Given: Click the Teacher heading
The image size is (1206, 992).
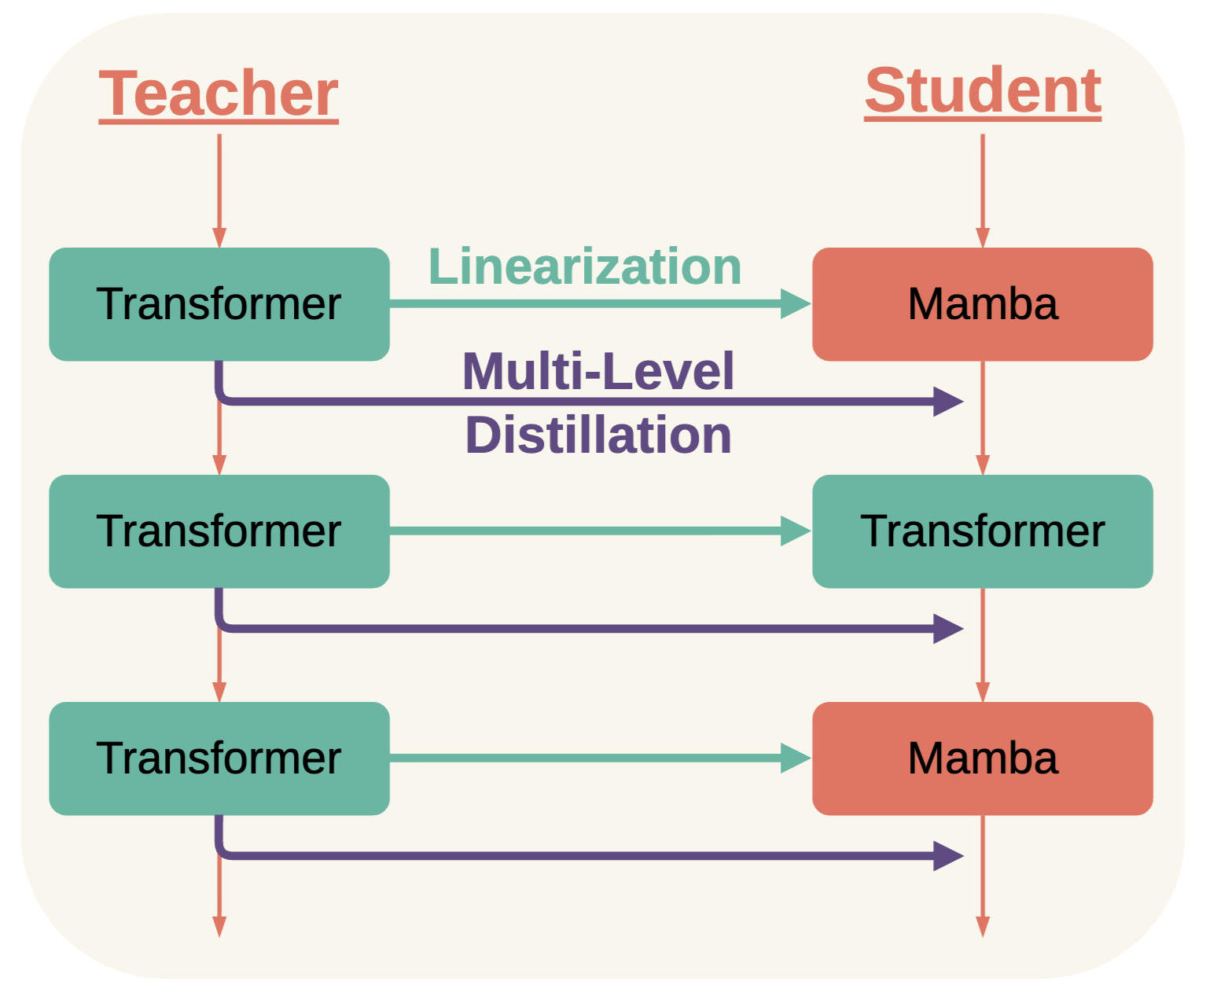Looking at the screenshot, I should click(219, 94).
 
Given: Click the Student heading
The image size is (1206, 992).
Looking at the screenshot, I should click(983, 91).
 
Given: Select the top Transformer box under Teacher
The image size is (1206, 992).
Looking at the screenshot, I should click(219, 304).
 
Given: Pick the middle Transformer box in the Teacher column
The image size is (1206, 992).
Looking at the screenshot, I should click(219, 531).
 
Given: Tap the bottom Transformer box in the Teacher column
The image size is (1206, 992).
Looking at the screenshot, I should click(219, 759).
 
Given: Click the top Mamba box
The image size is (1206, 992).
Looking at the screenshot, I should click(983, 304).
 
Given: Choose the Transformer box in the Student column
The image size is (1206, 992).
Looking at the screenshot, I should click(983, 531).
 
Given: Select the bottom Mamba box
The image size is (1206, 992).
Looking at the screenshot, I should click(983, 759).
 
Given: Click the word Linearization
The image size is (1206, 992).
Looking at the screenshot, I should click(585, 267).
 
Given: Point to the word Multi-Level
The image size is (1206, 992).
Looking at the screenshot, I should click(598, 372).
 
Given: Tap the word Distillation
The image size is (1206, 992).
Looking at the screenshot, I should click(598, 435).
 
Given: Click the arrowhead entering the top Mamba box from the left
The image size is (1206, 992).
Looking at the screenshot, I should click(796, 304).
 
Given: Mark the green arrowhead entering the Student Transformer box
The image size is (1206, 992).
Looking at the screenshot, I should click(796, 531).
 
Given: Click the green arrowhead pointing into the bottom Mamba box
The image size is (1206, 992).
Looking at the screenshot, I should click(796, 759).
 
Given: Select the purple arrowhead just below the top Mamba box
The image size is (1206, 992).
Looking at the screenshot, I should click(948, 402).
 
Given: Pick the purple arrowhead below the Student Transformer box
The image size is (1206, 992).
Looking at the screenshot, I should click(948, 629).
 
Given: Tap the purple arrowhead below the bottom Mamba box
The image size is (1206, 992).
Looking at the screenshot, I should click(948, 856).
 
